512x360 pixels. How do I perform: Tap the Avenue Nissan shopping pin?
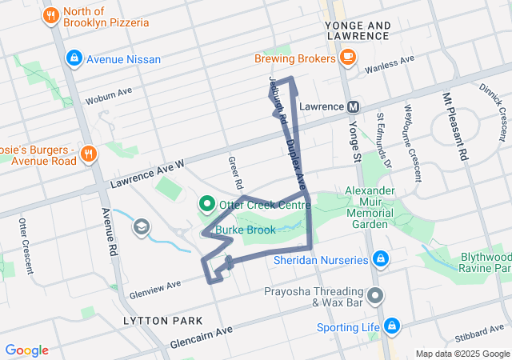pos(74,58)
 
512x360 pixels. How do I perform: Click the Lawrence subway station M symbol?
pos(353,106)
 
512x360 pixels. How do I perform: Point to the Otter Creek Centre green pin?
pos(206,205)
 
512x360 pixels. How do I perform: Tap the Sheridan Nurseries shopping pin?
pos(381,259)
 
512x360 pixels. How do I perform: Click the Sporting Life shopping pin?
pos(391,326)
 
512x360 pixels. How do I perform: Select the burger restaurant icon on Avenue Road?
pos(88,154)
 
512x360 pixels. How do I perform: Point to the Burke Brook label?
pos(249,230)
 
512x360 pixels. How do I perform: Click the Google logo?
pos(27,350)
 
